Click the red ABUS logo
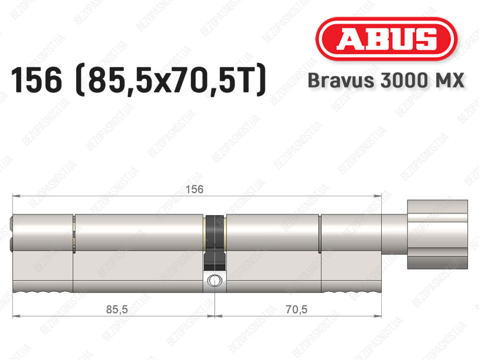tap(386, 39)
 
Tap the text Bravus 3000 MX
tap(386, 81)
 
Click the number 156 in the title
tap(36, 80)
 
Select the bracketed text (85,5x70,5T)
tap(170, 80)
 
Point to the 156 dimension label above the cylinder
tap(195, 190)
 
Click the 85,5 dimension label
tap(117, 309)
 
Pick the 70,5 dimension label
tap(296, 309)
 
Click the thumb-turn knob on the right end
tap(437, 235)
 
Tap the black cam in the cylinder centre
tap(215, 243)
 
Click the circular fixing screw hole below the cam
tap(215, 280)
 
